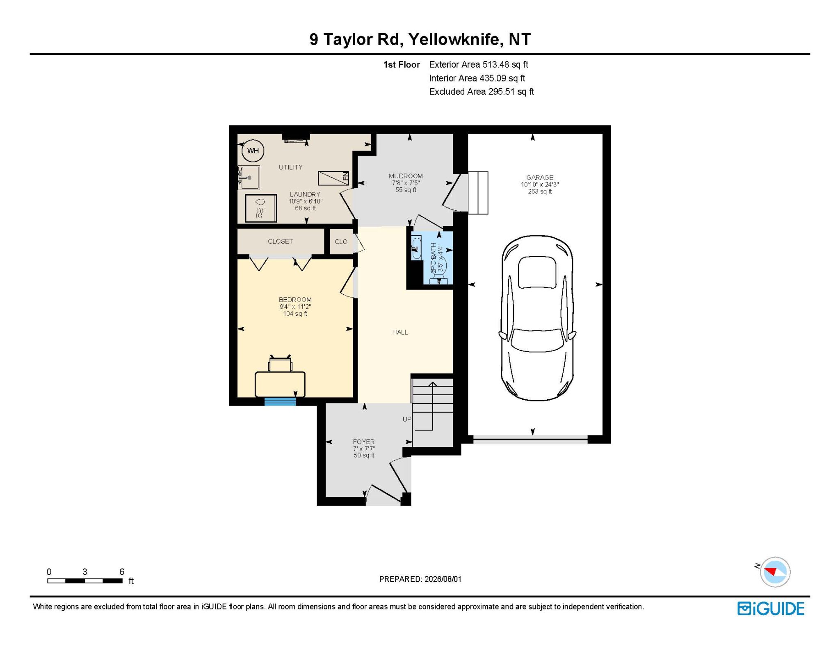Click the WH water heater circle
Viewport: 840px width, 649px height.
[x=253, y=150]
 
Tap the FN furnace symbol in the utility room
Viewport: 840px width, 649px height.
[x=333, y=178]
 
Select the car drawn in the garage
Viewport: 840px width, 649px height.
[x=537, y=318]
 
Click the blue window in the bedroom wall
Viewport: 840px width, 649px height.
[x=280, y=401]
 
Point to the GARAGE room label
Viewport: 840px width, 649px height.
[x=540, y=178]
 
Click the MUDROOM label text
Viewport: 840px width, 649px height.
[x=406, y=176]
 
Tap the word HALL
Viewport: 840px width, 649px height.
[x=400, y=332]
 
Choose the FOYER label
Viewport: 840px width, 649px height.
[x=364, y=442]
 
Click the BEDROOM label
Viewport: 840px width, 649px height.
[x=295, y=300]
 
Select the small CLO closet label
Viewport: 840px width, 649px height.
[x=341, y=241]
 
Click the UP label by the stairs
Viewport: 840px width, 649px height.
[x=407, y=419]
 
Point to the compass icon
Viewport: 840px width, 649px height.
[x=775, y=572]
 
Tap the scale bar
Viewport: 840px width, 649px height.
[x=85, y=581]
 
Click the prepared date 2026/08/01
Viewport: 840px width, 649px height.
[x=443, y=579]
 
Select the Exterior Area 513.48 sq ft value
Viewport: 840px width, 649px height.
[x=479, y=64]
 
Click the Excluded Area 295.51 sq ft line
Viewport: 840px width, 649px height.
[x=482, y=91]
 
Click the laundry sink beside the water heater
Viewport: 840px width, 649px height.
[x=249, y=178]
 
